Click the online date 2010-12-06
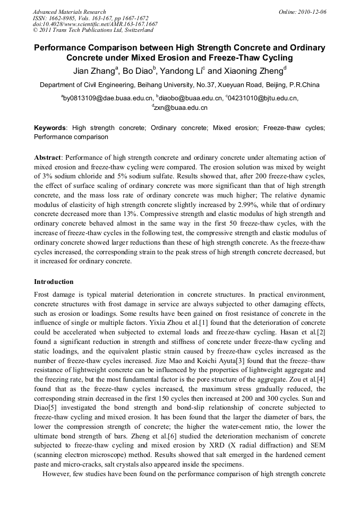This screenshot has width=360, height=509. pyautogui.click(x=311, y=12)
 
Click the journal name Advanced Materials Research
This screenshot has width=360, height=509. pyautogui.click(x=69, y=12)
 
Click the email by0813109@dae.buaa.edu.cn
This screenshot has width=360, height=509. pyautogui.click(x=108, y=98)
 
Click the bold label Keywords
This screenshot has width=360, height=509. pyautogui.click(x=50, y=128)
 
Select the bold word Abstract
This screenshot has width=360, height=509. pyautogui.click(x=48, y=158)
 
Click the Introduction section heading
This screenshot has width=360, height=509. pyautogui.click(x=54, y=281)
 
